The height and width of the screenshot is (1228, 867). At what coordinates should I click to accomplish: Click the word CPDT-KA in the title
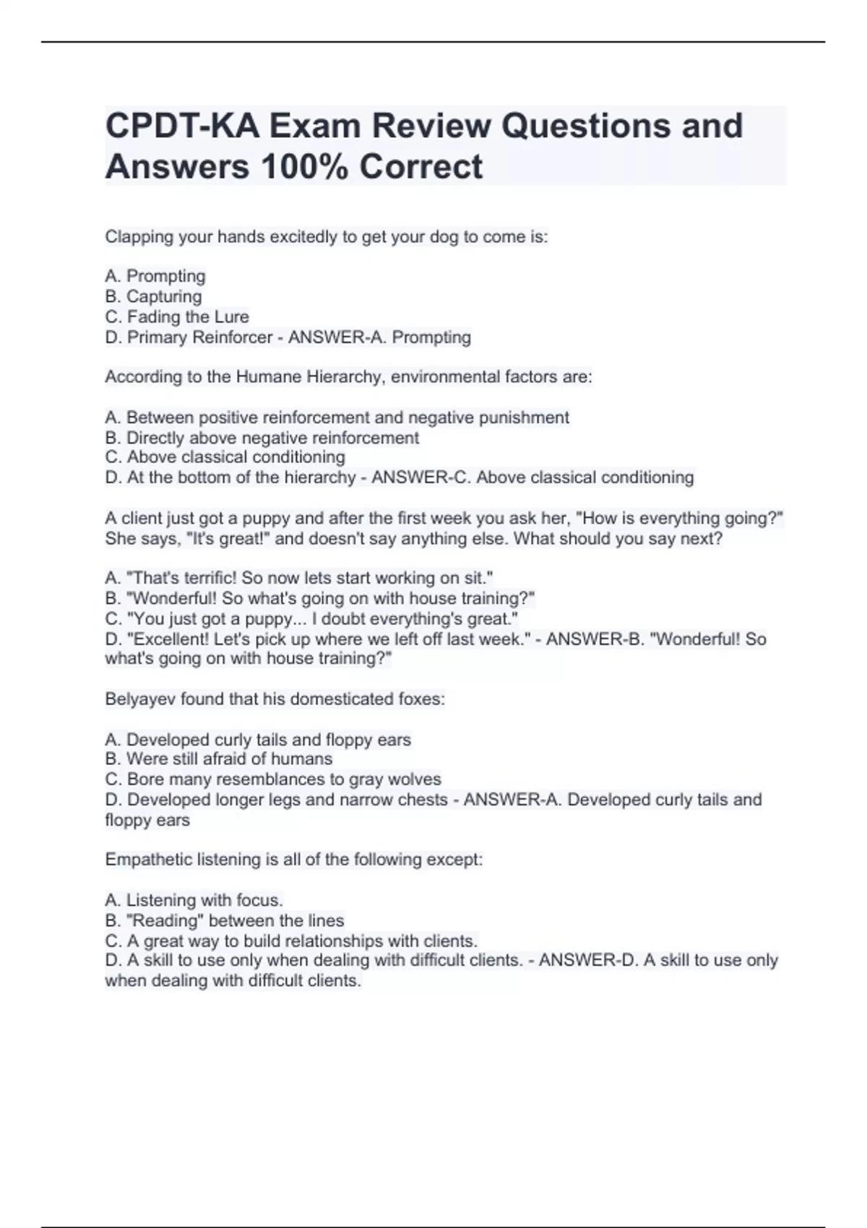tap(183, 126)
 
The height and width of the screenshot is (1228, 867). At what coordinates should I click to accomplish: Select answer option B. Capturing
tap(153, 296)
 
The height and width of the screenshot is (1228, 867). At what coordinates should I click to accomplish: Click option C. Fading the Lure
tap(177, 316)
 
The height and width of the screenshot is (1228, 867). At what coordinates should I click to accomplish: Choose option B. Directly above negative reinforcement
tap(262, 438)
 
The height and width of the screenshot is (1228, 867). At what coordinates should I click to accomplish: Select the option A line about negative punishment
tap(337, 418)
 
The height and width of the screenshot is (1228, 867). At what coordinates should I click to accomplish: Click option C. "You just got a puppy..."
tap(311, 618)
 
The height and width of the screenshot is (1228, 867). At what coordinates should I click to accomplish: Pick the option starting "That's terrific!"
tap(298, 578)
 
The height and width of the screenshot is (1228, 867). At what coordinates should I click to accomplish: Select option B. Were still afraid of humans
tap(218, 758)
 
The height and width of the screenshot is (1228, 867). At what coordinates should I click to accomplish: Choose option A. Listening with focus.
tap(194, 900)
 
